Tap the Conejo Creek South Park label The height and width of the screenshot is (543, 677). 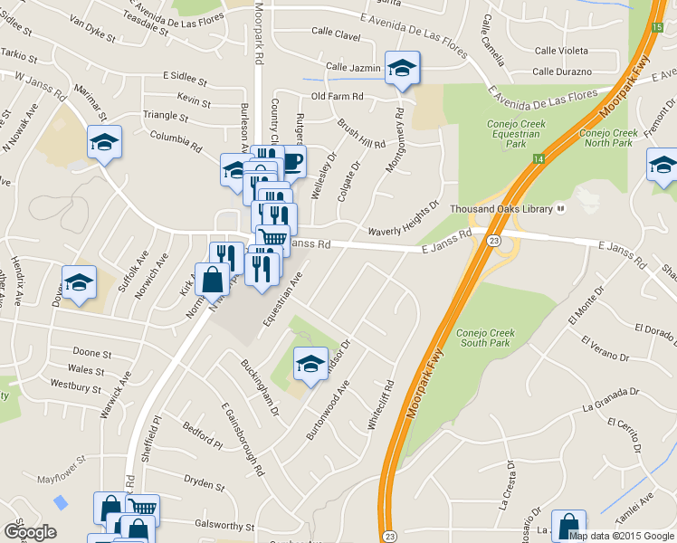coord(486,338)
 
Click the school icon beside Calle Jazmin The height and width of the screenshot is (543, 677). coord(401,68)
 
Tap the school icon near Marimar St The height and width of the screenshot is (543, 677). coord(104,143)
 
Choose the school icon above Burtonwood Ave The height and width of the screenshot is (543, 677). coord(310,365)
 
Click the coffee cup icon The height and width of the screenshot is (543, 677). coord(291,162)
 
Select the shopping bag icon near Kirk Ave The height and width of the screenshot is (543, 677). coord(212,280)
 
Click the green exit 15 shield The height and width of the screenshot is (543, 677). coord(655,28)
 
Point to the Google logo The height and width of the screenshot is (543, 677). coord(30,532)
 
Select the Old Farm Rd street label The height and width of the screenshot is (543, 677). coord(337,96)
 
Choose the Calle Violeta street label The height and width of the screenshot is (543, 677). coord(560,51)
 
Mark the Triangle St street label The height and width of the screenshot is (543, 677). coord(166,117)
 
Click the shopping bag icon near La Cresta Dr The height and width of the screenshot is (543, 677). coord(567,524)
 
